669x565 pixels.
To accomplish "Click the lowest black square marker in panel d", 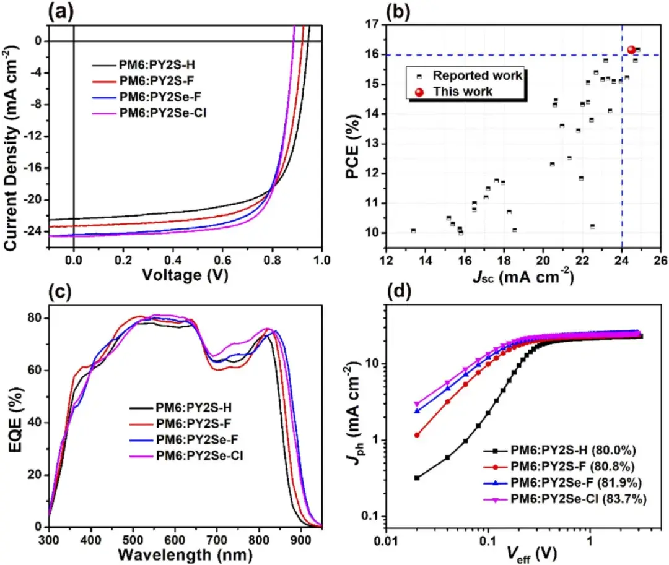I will pos(417,478).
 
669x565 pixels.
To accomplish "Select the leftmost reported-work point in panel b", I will pos(413,231).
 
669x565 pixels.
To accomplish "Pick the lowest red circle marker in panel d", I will pos(417,435).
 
